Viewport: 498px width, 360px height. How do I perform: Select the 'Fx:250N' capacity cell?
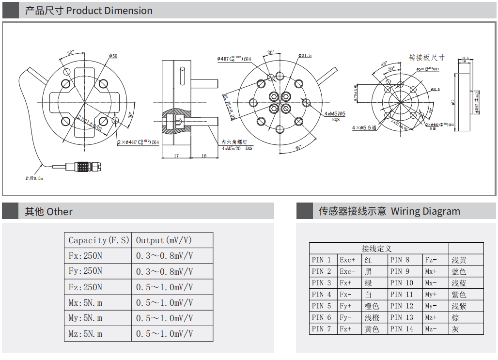[85, 256]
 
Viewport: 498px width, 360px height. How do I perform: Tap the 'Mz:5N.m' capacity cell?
[85, 334]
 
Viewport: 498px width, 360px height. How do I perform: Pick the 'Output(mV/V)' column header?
[164, 240]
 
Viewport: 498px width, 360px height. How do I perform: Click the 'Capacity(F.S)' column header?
[99, 240]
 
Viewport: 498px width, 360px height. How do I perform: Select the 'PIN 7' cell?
[322, 329]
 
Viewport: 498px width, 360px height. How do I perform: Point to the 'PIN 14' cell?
[402, 329]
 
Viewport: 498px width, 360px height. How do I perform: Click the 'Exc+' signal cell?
[347, 260]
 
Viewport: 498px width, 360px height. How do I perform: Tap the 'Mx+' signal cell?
[431, 271]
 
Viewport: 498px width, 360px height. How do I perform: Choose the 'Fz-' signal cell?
[431, 260]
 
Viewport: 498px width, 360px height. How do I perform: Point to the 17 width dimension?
[176, 156]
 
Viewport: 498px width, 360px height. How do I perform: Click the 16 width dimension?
[204, 156]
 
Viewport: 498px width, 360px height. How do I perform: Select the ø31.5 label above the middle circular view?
[305, 56]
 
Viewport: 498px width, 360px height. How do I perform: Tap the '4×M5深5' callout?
[335, 114]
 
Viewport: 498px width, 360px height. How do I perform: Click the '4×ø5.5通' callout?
[364, 127]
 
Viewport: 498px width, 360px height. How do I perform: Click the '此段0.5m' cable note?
[34, 178]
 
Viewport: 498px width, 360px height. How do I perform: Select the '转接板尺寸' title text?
[427, 58]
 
